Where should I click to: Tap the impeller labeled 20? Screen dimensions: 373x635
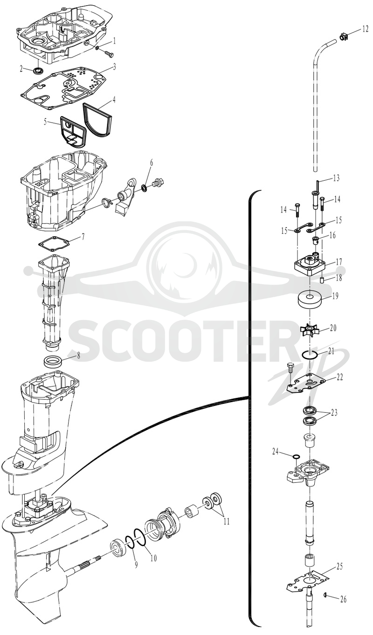(x=310, y=330)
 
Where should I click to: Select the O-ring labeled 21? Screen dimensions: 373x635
(x=309, y=355)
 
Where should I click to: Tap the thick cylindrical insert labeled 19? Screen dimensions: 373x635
(x=311, y=300)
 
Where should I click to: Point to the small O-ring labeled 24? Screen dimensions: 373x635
(x=296, y=456)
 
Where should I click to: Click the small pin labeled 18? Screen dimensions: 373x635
(x=322, y=280)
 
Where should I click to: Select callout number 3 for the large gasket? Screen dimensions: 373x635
(x=114, y=67)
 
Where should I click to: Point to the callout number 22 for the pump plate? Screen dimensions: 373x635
(x=339, y=377)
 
